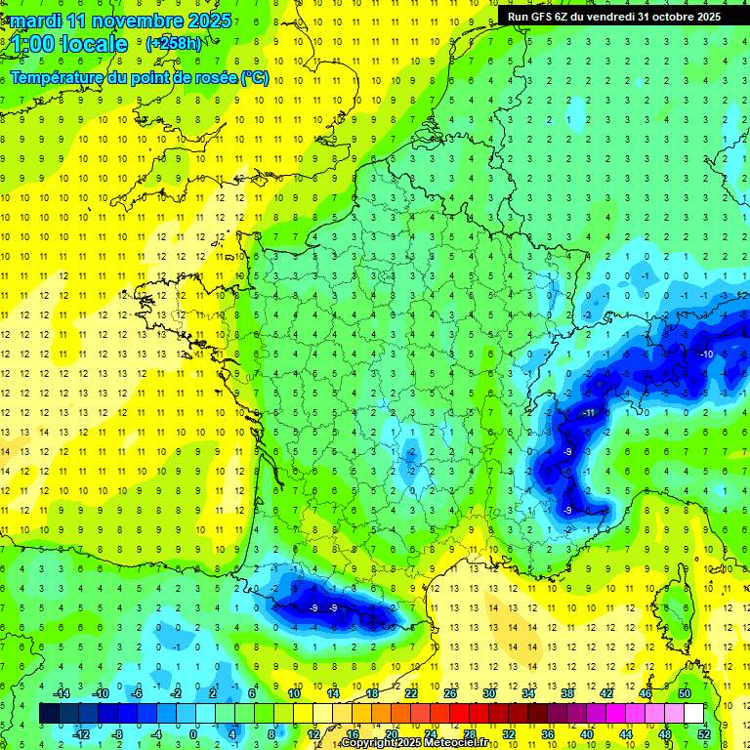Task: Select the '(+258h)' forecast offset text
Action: point(174,44)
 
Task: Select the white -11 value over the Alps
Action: point(588,413)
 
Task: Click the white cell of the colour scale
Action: point(694,714)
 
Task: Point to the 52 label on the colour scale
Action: point(704,734)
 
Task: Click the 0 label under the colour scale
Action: point(192,734)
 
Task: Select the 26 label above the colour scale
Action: point(449,693)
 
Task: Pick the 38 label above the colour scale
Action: point(566,693)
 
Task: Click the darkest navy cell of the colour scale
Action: point(49,714)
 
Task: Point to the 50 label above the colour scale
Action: point(685,693)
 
